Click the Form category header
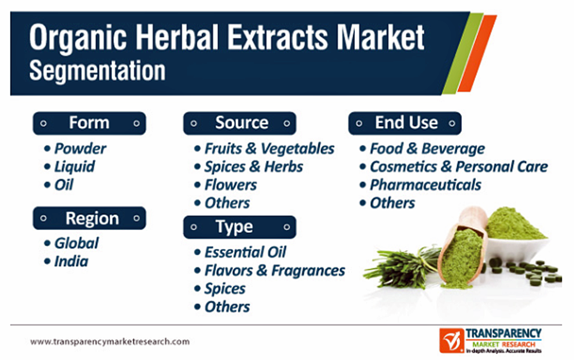[89, 123]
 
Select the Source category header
[240, 123]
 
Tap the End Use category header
[405, 123]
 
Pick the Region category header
[89, 218]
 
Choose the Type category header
[240, 227]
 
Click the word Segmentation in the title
[98, 71]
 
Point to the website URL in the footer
[110, 341]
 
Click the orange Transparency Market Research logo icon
[452, 340]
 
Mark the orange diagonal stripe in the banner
[477, 53]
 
